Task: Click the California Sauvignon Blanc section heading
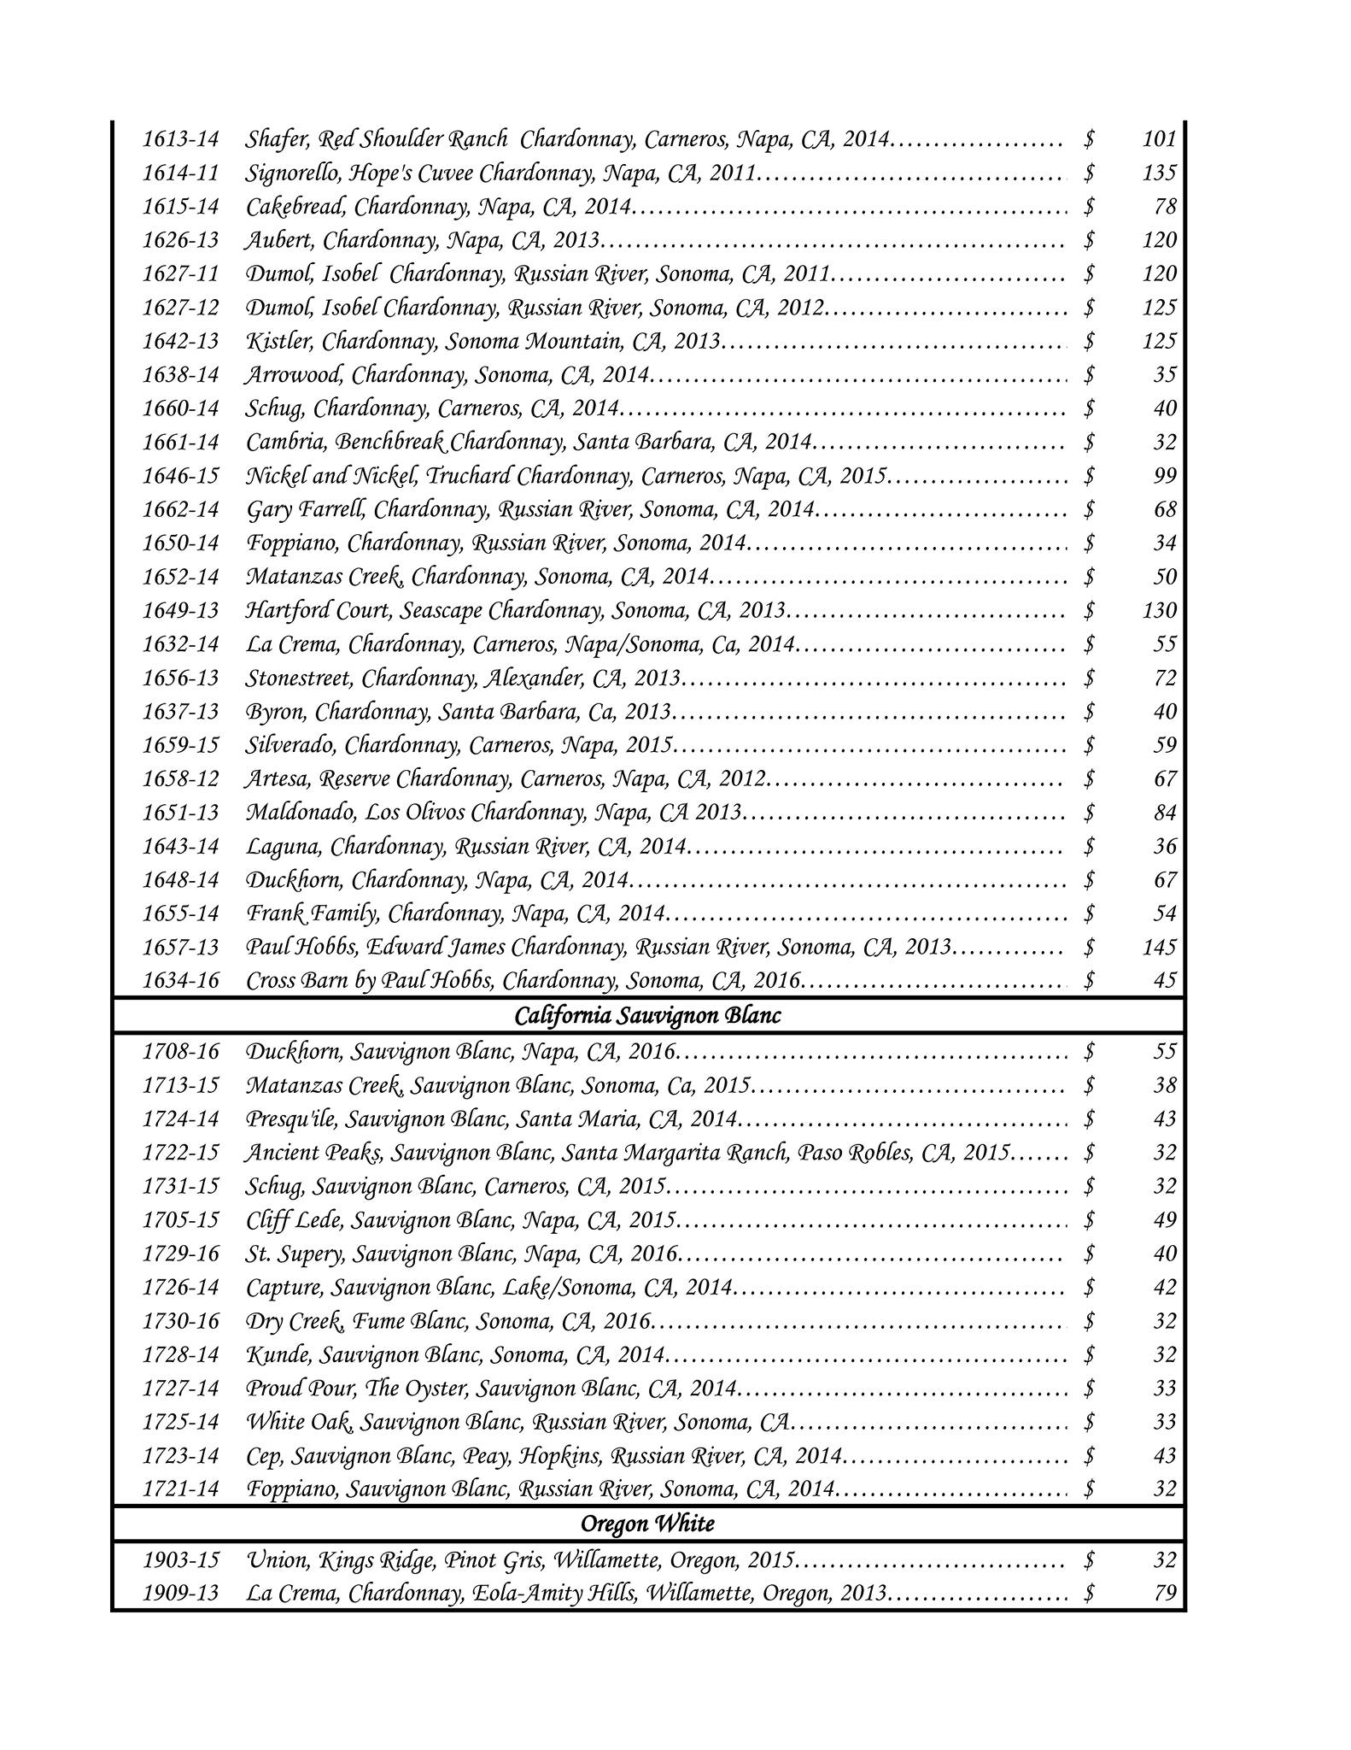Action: [x=647, y=1016]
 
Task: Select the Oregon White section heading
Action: [x=647, y=1524]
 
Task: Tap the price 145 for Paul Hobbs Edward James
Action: [x=1159, y=947]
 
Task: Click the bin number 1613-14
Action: [x=181, y=138]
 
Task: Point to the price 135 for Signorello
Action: [x=1159, y=173]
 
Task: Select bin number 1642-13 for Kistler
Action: [x=181, y=341]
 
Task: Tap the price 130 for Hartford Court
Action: [x=1159, y=610]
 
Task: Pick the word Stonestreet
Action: [x=299, y=678]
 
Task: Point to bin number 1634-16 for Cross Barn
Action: [x=181, y=980]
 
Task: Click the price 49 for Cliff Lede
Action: [x=1165, y=1219]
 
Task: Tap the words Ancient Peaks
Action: [x=313, y=1153]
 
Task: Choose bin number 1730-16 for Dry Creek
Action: [x=181, y=1321]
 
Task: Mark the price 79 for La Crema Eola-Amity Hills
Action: [x=1165, y=1593]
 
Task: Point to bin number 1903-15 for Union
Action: [x=181, y=1560]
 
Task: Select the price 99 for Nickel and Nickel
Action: [x=1165, y=476]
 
